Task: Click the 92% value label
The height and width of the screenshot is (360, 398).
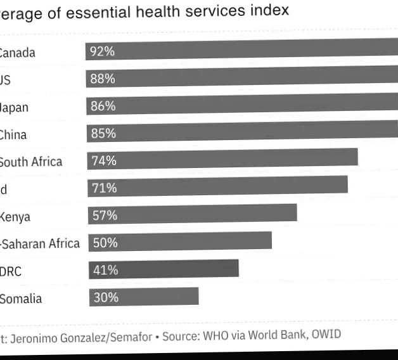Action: click(x=103, y=51)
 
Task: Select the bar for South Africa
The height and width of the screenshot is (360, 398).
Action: click(x=222, y=158)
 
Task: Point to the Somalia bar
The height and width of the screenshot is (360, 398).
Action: click(x=144, y=297)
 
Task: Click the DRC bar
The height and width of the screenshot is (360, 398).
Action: click(x=164, y=269)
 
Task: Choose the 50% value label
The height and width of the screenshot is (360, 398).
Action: click(x=105, y=242)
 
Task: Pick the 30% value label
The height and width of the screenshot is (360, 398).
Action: click(x=106, y=297)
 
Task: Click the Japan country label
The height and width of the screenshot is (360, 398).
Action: click(x=13, y=107)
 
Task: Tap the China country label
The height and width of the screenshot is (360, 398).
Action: click(x=13, y=134)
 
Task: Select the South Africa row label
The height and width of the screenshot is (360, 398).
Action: click(x=30, y=162)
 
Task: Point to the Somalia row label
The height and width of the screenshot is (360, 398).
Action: click(x=20, y=299)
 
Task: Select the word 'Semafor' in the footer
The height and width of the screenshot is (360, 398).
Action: click(x=129, y=338)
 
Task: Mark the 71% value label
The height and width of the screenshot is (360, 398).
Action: click(x=104, y=188)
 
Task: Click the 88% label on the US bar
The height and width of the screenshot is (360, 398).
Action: click(x=103, y=79)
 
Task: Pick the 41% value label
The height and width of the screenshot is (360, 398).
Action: click(x=105, y=270)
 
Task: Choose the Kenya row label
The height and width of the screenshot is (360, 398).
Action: click(x=15, y=217)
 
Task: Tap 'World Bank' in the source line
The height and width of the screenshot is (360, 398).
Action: click(x=276, y=336)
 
